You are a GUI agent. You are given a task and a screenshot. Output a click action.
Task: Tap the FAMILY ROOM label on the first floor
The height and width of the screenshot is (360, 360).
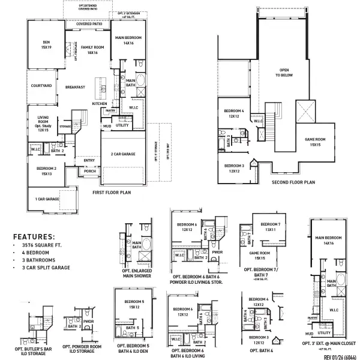point(92,50)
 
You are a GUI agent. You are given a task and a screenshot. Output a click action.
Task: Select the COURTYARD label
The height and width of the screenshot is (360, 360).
point(41,86)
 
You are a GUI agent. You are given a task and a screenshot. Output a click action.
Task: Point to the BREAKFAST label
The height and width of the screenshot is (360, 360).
point(75,88)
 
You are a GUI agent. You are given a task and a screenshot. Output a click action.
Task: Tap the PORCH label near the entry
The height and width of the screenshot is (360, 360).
point(89,171)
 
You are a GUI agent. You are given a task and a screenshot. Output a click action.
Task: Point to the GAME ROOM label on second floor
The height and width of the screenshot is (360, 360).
point(314,142)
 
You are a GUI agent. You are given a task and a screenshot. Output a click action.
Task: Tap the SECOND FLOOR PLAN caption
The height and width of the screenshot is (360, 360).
point(293,182)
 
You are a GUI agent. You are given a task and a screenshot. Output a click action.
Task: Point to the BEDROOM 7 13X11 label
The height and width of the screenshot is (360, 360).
point(271,227)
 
